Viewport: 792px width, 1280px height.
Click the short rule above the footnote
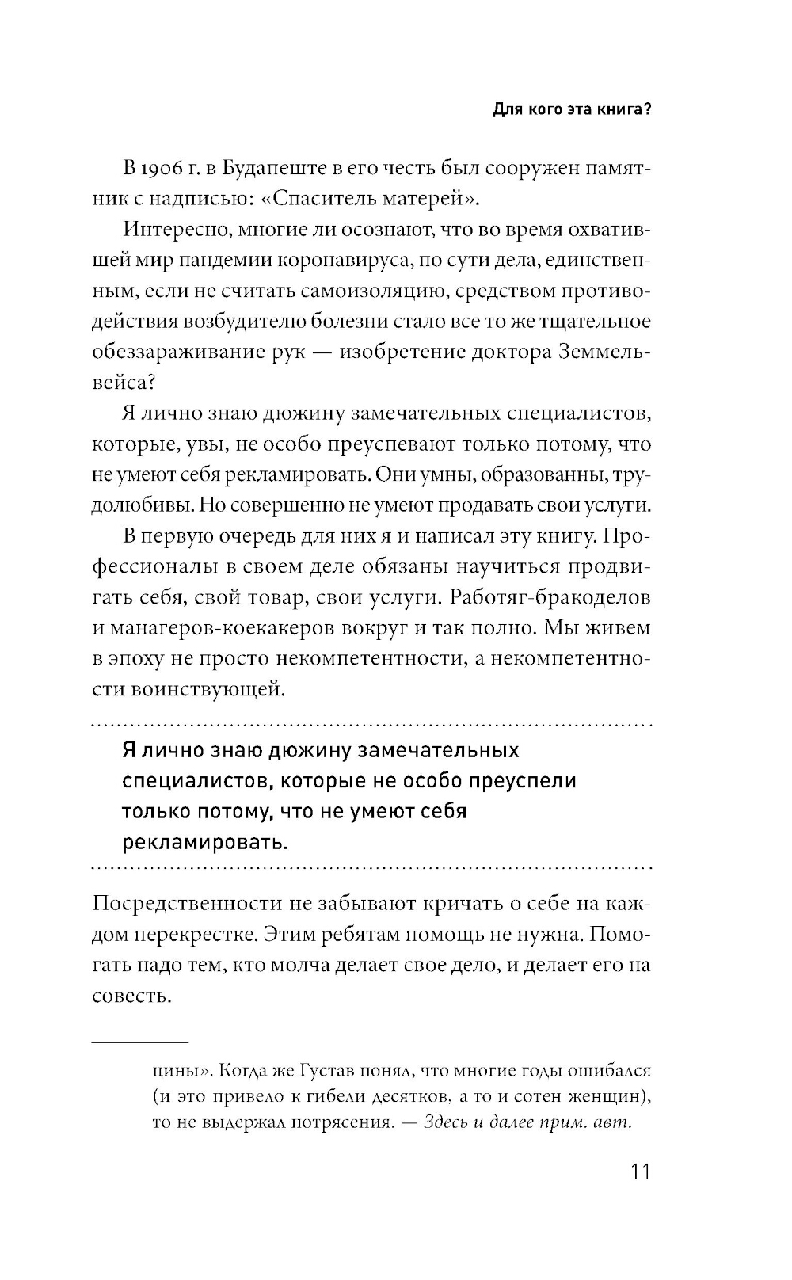(x=140, y=1042)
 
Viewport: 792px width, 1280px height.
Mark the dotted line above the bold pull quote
(x=372, y=725)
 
